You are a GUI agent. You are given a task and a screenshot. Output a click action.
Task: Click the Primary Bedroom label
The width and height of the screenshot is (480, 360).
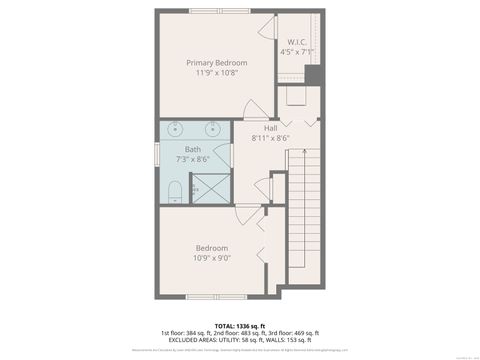[217, 62]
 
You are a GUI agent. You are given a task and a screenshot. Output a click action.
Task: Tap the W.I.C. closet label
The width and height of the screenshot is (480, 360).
[297, 42]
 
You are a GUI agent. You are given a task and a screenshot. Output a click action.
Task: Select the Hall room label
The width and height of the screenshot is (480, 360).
[270, 128]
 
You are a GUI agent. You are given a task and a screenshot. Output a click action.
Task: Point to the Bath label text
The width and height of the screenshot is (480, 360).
[192, 149]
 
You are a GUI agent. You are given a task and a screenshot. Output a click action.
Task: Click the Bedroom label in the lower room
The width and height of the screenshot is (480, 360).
[211, 248]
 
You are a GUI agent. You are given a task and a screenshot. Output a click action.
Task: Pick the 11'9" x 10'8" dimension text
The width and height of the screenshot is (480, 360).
[217, 73]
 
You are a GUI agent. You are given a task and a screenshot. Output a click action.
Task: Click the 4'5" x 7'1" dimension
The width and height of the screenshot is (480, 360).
[297, 51]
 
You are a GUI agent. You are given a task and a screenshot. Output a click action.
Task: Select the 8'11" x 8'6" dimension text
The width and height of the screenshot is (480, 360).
[270, 138]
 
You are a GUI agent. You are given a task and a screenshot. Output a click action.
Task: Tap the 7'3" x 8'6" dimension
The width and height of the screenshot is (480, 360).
[192, 159]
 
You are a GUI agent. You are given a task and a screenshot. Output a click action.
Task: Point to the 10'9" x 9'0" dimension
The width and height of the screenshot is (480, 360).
[211, 258]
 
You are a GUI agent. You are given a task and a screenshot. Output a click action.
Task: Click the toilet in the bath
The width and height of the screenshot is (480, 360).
[174, 191]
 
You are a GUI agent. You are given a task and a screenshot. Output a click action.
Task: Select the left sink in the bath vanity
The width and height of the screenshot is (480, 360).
[175, 129]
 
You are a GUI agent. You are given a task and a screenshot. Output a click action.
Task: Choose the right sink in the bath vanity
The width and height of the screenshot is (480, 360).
[213, 129]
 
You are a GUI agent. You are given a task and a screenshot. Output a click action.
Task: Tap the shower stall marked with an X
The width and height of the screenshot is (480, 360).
[197, 188]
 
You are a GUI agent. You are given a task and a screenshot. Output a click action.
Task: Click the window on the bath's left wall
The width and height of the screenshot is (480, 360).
[156, 160]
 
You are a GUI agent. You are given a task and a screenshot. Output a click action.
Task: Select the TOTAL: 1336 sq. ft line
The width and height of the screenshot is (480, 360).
[239, 325]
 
